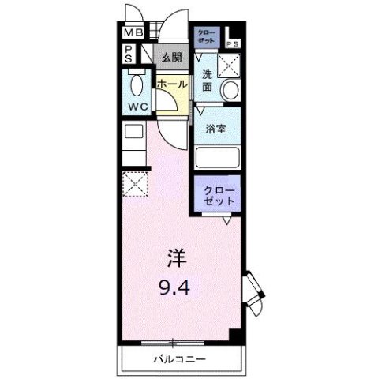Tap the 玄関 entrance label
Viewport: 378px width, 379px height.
tap(171, 57)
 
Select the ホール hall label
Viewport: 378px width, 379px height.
tap(171, 84)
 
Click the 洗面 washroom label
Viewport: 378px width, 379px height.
tap(207, 81)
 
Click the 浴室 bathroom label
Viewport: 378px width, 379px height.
tap(217, 129)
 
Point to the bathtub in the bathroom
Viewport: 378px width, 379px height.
tap(217, 156)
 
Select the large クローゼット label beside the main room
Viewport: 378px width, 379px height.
tap(218, 196)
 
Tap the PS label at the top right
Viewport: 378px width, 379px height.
tap(234, 43)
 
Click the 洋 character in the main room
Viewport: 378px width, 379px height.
tap(177, 257)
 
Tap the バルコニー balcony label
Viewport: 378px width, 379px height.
tap(179, 360)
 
